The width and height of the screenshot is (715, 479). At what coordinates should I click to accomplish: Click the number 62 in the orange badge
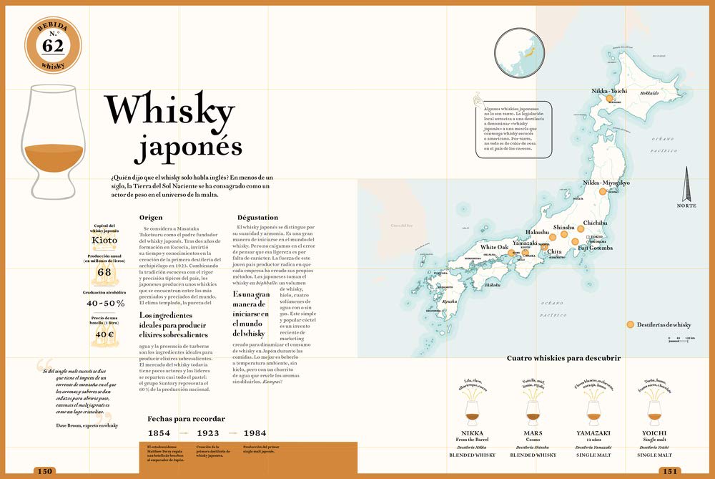click(53, 46)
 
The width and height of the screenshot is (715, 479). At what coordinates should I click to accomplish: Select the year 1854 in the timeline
click(159, 433)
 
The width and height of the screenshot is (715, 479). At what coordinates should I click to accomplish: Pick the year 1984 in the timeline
click(255, 433)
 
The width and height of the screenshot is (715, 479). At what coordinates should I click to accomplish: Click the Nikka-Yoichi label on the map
click(609, 91)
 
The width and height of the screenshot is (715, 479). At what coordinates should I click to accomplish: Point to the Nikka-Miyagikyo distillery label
click(606, 183)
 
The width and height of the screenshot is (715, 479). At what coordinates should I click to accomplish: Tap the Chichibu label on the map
click(595, 223)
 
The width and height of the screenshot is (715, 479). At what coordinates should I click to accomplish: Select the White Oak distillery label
click(494, 247)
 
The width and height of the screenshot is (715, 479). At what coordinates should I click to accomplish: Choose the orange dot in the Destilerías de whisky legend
click(630, 324)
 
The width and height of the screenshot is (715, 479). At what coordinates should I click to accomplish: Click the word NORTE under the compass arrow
click(686, 206)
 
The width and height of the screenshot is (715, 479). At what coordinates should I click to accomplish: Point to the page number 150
click(46, 470)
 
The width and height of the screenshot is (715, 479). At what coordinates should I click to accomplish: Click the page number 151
click(670, 471)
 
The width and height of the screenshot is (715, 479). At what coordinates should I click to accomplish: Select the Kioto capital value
click(105, 241)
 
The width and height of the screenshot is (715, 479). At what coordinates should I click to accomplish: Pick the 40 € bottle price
click(105, 334)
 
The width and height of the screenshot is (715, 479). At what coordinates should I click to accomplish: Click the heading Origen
click(151, 217)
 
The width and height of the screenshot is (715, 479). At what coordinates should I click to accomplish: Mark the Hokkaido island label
click(649, 93)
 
